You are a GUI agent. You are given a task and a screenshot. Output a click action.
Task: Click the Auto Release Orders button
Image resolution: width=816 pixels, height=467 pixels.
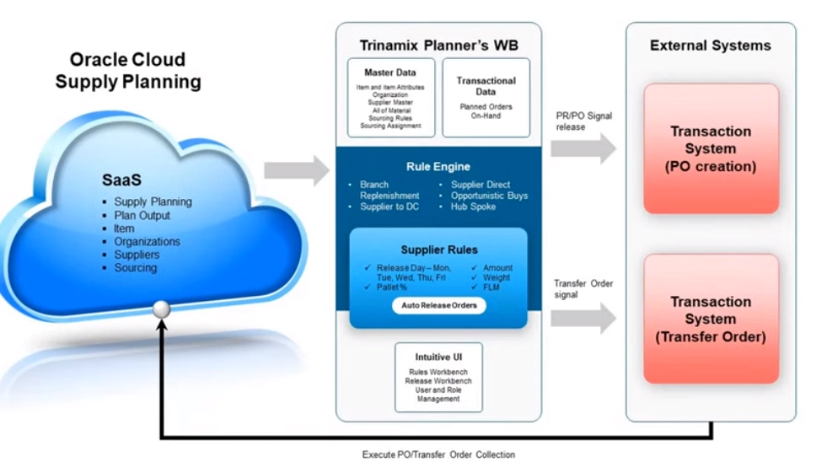coord(438,305)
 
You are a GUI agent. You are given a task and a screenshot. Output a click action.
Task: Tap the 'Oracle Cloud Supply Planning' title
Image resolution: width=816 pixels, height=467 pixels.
coord(128,71)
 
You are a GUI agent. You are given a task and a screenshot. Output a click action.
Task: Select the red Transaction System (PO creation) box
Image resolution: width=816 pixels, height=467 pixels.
coord(710,148)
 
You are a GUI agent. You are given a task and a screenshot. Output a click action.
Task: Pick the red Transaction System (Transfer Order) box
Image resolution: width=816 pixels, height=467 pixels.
coord(710,319)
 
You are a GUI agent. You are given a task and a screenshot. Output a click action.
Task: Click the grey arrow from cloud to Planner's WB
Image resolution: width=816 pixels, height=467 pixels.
coord(296,169)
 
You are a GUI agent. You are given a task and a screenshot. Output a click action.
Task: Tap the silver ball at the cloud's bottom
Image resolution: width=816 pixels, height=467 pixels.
coord(161,309)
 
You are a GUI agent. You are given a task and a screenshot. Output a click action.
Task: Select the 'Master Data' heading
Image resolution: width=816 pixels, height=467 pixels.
coord(390,72)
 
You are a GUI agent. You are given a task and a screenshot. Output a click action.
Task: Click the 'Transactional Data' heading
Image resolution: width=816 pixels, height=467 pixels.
coord(486,86)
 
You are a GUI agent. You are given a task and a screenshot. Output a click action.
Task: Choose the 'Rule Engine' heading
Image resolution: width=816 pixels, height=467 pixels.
coord(438,166)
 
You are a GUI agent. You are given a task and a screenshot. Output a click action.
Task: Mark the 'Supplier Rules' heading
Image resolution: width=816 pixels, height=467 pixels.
coord(438,250)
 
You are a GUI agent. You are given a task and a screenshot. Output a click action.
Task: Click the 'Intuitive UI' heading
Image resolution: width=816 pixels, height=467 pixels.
coord(438,357)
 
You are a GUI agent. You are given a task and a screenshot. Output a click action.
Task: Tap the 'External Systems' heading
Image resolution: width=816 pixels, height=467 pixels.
coord(710,46)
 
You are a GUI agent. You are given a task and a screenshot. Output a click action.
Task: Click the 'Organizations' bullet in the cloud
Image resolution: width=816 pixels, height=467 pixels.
coord(148,242)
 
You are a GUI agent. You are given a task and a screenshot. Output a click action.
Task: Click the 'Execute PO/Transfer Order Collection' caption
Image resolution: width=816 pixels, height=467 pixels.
coord(438,455)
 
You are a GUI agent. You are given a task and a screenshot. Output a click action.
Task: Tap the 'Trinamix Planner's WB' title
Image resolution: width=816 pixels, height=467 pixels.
coord(438,45)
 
